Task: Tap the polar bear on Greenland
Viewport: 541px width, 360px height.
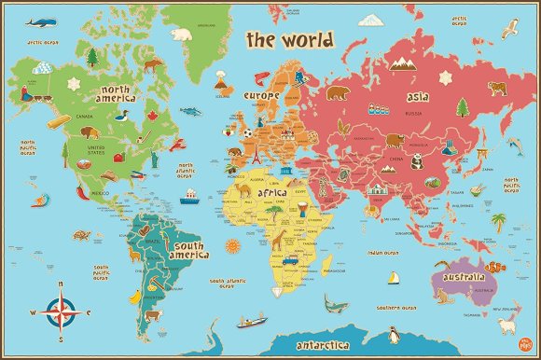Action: tap(183, 35)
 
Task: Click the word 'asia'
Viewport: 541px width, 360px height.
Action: tap(417, 96)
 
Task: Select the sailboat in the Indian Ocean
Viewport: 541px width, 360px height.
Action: tap(395, 278)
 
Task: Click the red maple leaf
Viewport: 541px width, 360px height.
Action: tap(150, 115)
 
